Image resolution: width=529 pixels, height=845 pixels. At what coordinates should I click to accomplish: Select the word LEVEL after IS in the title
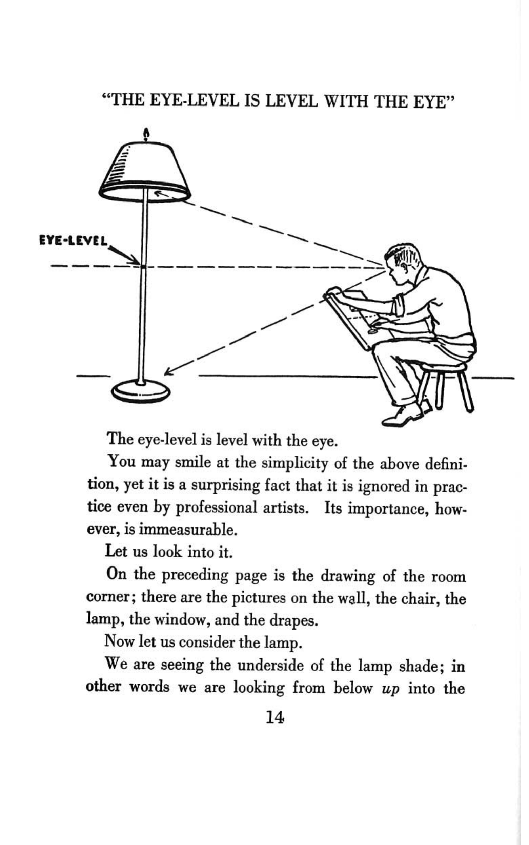tap(291, 101)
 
